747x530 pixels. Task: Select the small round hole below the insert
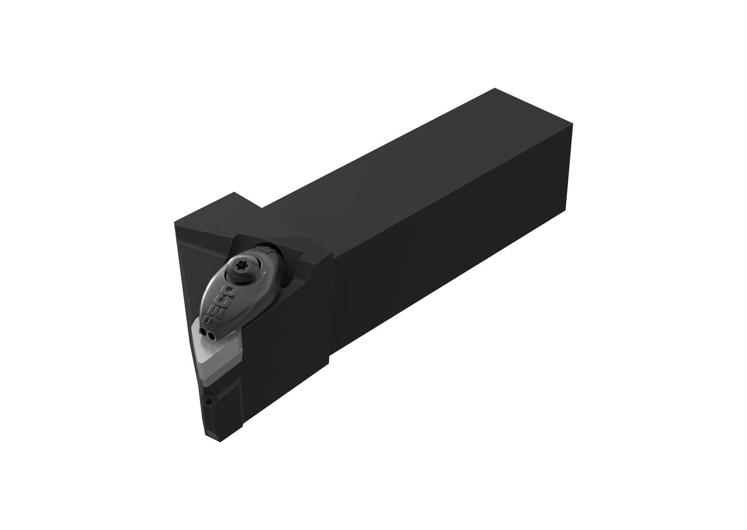(209, 401)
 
